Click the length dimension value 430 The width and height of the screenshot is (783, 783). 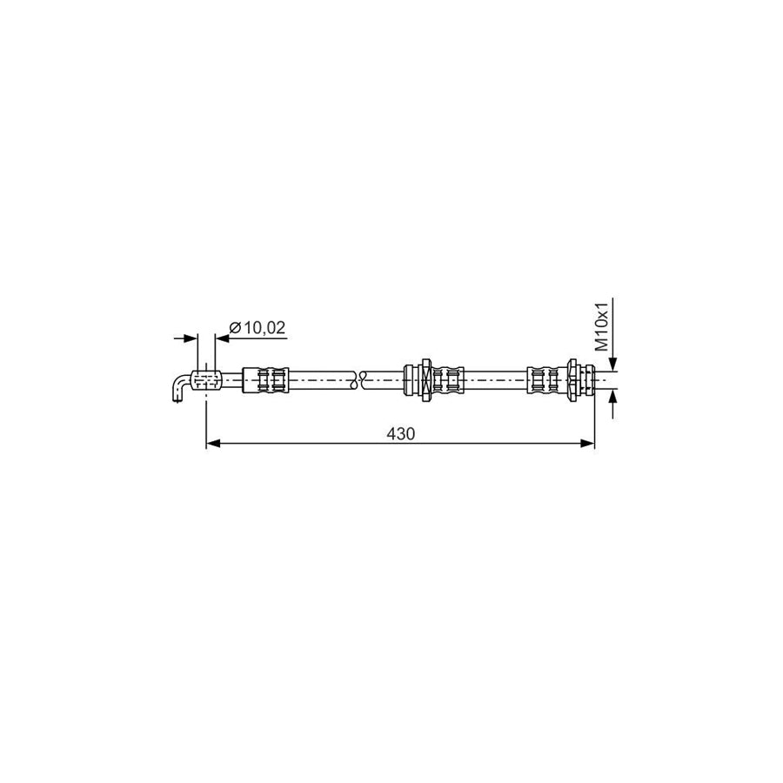[401, 432]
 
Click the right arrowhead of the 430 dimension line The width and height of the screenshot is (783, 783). [587, 444]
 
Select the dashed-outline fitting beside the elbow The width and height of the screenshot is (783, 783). [206, 380]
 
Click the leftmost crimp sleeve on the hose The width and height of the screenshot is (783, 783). [265, 380]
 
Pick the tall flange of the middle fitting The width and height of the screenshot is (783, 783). [426, 380]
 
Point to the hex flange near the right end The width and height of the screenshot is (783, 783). [572, 380]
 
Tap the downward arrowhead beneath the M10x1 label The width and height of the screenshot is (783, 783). [613, 364]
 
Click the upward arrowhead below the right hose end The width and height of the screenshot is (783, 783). [613, 397]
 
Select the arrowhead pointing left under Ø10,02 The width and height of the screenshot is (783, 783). [219, 338]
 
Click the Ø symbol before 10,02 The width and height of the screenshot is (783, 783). [234, 328]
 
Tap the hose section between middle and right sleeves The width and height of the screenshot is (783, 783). [496, 380]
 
